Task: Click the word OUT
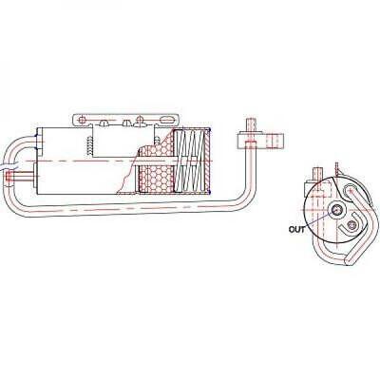[x=296, y=229]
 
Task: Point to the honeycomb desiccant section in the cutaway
[x=157, y=169]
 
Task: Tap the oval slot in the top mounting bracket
[x=169, y=121]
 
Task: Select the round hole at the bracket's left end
[x=83, y=120]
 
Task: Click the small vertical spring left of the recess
[x=89, y=146]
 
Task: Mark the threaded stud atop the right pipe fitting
[x=250, y=125]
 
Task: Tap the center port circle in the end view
[x=335, y=210]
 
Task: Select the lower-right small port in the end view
[x=351, y=225]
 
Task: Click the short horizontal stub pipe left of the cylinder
[x=21, y=176]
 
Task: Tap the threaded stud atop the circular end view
[x=317, y=175]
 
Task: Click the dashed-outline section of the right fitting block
[x=275, y=141]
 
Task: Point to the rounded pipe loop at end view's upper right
[x=354, y=193]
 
